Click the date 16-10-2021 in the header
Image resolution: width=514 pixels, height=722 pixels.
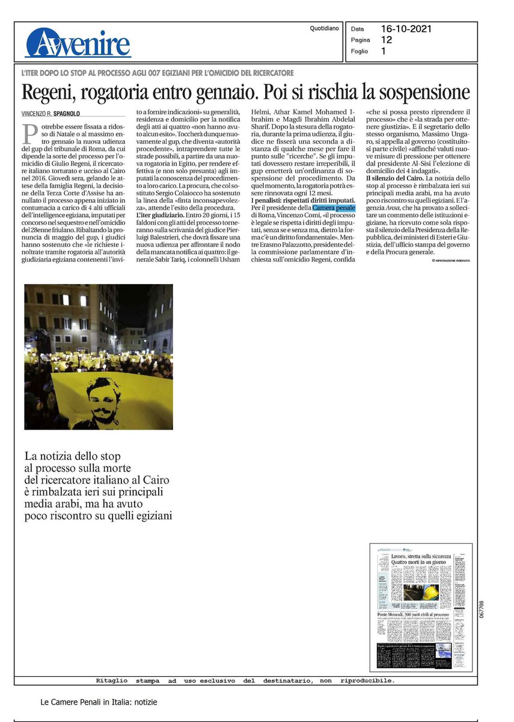coord(406,28)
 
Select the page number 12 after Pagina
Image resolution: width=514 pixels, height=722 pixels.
coord(387,39)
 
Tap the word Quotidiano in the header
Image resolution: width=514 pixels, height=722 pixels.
coord(324,28)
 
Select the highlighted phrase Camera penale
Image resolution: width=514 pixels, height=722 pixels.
coord(334,208)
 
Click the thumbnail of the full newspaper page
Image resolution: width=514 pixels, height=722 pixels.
coord(421,606)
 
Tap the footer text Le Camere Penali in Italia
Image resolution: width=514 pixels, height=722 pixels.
coord(99,702)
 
